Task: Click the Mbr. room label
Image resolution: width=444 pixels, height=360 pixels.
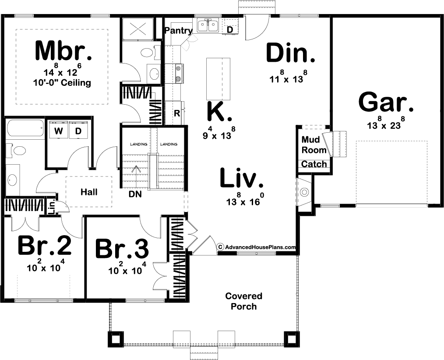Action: (x=63, y=51)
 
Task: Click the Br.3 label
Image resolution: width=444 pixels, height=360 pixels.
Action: (x=122, y=249)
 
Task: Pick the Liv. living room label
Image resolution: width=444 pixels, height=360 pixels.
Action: (x=242, y=178)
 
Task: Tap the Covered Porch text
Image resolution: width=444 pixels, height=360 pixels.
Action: (x=244, y=301)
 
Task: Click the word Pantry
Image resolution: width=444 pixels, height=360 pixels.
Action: (x=179, y=31)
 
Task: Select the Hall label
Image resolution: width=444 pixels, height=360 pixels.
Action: (x=89, y=192)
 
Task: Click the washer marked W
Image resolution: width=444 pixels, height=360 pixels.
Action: (x=59, y=131)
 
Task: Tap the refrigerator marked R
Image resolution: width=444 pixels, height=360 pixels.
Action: (x=177, y=113)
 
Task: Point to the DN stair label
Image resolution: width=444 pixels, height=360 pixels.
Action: (x=135, y=194)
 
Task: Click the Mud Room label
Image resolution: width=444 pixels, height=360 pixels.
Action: (x=314, y=145)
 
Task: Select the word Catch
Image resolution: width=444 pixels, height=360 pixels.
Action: (x=314, y=164)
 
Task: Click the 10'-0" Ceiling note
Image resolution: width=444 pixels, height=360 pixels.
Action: (x=61, y=83)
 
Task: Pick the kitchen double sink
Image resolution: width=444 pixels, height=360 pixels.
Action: (x=208, y=26)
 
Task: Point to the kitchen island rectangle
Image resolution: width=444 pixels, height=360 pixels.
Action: (x=218, y=78)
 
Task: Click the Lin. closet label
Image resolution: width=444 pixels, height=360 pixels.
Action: (x=52, y=207)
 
